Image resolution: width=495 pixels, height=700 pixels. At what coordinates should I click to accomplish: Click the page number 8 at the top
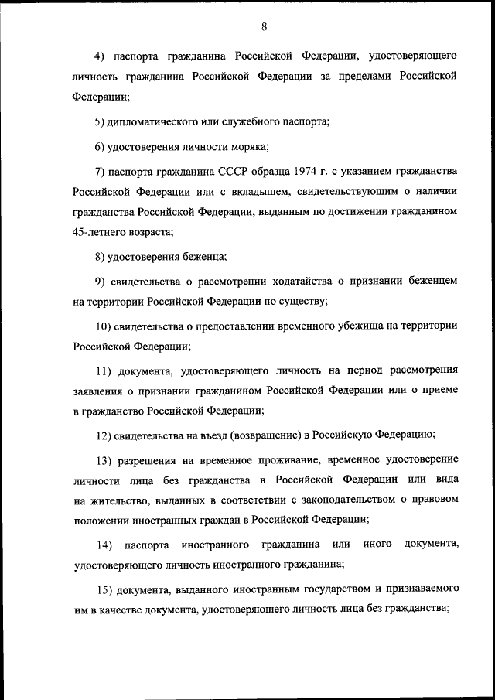(264, 27)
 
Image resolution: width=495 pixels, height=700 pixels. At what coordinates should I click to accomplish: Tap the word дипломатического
(158, 121)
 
